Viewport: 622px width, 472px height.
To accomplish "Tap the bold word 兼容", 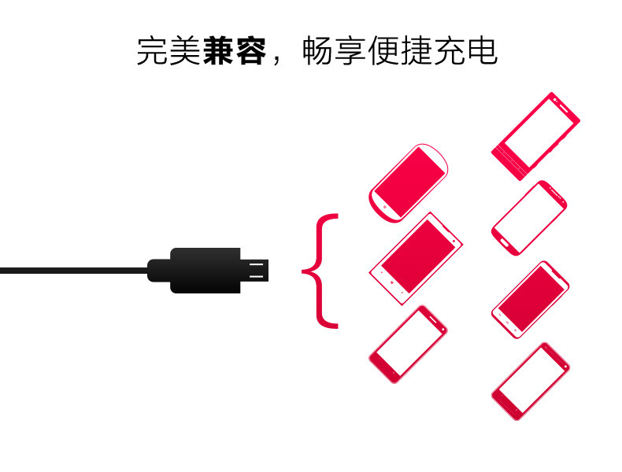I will click(233, 51).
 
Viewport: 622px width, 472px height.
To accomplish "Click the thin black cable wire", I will click(71, 271).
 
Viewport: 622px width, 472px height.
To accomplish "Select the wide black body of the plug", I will click(205, 270).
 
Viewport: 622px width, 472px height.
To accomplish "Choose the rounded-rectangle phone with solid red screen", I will click(530, 300).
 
